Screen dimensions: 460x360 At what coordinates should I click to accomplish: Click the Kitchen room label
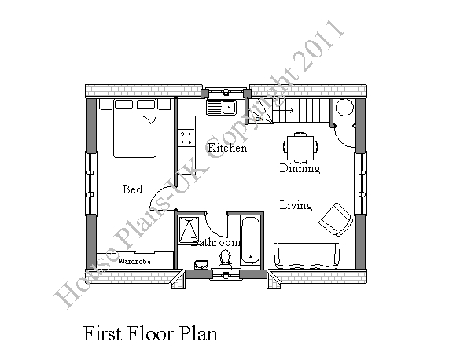[227, 148]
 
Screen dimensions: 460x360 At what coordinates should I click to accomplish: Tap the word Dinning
[300, 168]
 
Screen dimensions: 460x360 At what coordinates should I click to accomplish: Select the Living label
[296, 205]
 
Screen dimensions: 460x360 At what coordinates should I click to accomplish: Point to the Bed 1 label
[137, 189]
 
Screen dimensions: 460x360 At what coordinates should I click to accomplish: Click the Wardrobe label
[134, 261]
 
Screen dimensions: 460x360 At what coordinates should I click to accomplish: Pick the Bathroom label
[215, 242]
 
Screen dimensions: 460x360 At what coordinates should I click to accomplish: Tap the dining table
[300, 148]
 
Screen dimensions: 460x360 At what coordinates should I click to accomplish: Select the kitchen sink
[221, 108]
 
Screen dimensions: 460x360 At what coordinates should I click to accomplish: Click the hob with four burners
[186, 138]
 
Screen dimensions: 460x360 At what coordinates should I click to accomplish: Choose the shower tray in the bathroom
[189, 230]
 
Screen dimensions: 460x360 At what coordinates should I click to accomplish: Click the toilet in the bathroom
[225, 259]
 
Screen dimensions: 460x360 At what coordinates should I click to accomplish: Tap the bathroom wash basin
[201, 264]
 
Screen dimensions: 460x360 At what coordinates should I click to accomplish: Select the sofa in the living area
[307, 255]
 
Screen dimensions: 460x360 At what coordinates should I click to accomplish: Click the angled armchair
[336, 219]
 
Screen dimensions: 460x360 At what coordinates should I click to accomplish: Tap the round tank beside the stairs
[344, 108]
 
